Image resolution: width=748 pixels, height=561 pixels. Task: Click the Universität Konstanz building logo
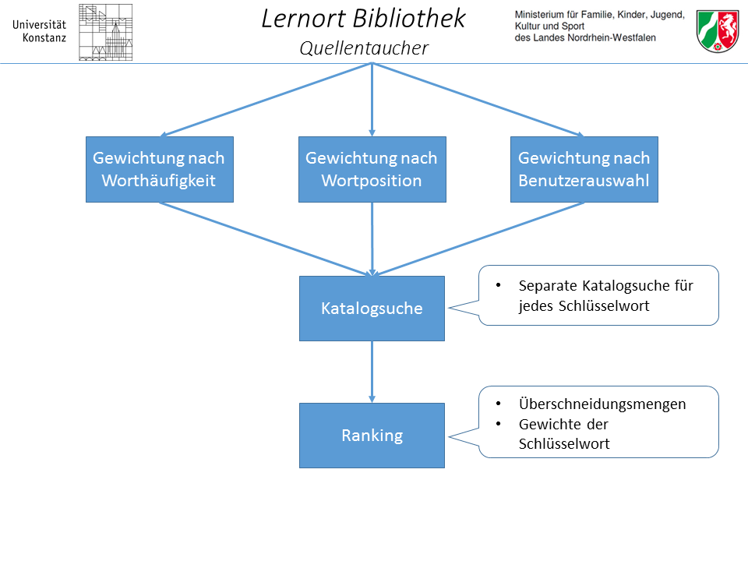pos(105,33)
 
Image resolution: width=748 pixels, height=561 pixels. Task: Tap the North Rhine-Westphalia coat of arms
pos(718,31)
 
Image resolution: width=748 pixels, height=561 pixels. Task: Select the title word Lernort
pos(303,19)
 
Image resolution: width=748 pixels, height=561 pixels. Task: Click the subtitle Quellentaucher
pos(364,48)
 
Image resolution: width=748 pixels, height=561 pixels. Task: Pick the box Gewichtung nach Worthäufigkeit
pos(160,169)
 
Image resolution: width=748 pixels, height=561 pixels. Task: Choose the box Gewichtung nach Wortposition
pos(372,169)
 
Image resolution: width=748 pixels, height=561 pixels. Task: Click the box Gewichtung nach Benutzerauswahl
pos(584,169)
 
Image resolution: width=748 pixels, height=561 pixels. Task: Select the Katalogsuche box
pos(372,309)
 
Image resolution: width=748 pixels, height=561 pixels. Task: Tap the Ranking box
pos(372,436)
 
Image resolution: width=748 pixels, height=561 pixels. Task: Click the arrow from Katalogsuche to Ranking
pos(372,372)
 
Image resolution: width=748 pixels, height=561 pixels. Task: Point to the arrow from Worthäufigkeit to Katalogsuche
pos(265,239)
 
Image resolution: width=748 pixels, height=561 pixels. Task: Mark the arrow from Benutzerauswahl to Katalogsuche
pos(478,239)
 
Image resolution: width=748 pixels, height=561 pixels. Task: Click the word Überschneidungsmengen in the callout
pos(602,404)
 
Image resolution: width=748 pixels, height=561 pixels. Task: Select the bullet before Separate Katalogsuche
pos(499,285)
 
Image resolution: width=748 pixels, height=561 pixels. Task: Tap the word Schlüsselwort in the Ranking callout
pos(564,444)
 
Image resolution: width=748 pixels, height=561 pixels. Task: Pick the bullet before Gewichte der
pos(499,424)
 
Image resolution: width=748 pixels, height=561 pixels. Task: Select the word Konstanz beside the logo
pos(44,37)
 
